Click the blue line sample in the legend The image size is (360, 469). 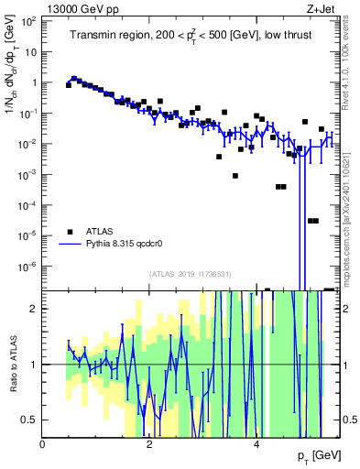click(69, 245)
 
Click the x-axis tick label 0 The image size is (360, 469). click(42, 444)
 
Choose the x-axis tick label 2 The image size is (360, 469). click(149, 444)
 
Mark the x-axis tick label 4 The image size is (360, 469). click(256, 444)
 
